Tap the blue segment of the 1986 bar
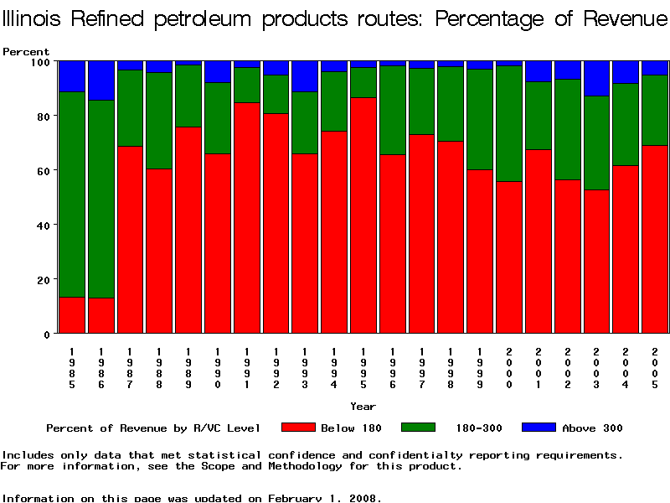pos(101,80)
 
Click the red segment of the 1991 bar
pos(247,218)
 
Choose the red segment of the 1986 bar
pos(101,315)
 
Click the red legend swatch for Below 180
pos(298,428)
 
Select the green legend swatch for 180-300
pos(419,428)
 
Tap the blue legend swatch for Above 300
pos(539,428)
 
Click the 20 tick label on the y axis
pos(44,279)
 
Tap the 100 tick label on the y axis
pos(41,61)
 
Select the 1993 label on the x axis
pos(306,368)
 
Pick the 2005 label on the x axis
pos(656,368)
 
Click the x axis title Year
pos(363,407)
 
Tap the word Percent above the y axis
pos(26,52)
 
